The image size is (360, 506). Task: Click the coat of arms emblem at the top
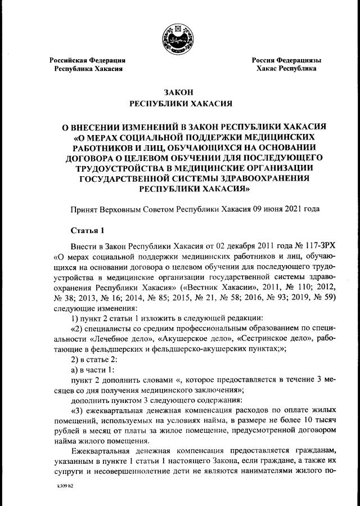pos(179,34)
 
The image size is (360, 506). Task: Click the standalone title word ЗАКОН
pos(179,93)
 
